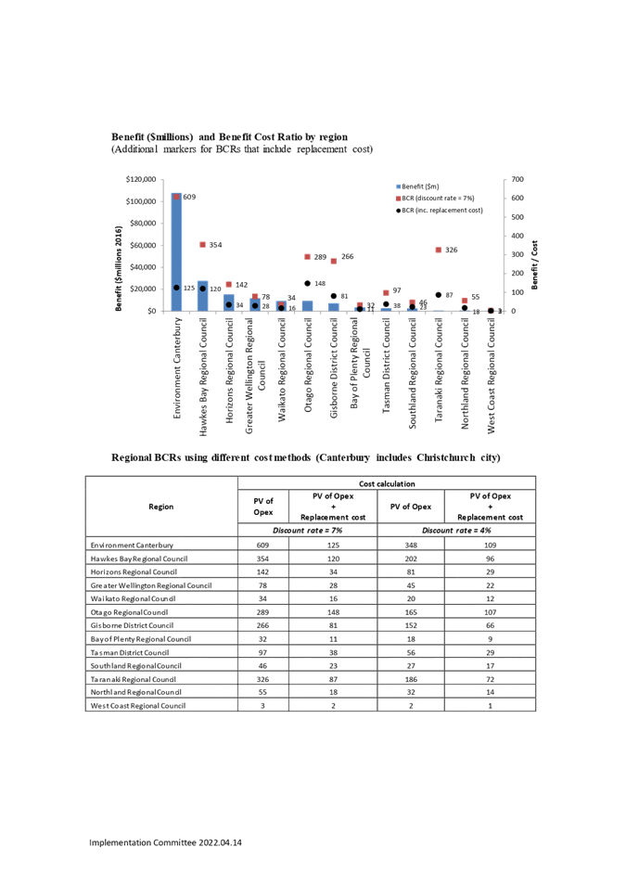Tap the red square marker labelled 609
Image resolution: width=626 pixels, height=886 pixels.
176,198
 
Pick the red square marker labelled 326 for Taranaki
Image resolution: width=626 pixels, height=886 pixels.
438,250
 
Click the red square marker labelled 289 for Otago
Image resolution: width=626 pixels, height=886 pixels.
307,257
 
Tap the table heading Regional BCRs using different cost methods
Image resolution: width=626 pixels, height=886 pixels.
306,457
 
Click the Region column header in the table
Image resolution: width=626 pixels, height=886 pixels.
160,507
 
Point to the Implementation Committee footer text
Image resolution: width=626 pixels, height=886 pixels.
167,842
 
